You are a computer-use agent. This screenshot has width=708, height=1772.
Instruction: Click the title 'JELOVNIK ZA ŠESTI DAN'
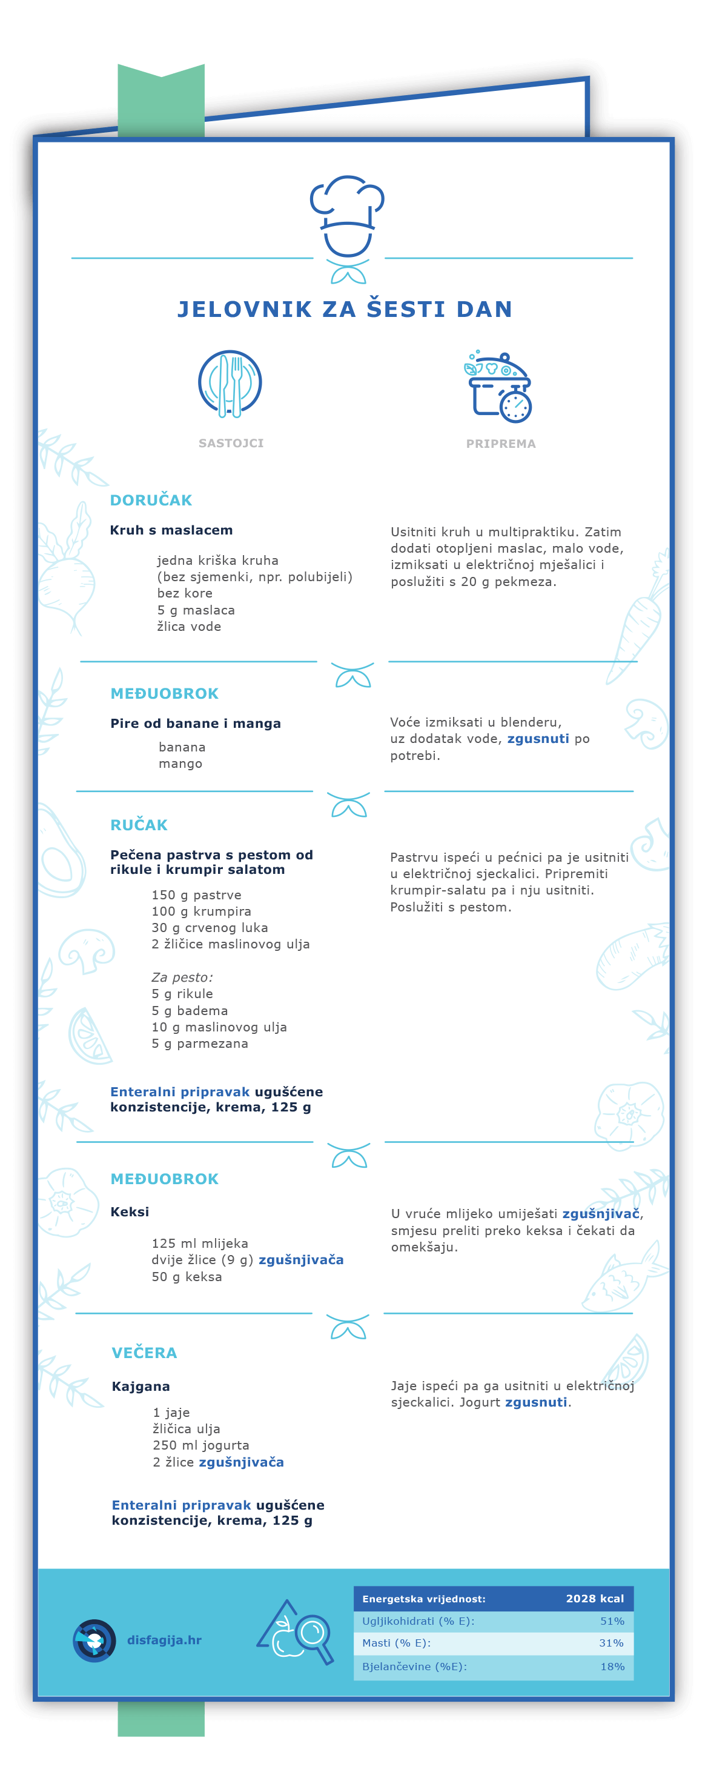point(345,310)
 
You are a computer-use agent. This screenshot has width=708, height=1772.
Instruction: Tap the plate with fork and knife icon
point(230,383)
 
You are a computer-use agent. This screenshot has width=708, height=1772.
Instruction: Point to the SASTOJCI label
point(231,443)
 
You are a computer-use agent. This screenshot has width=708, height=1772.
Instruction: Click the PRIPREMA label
point(500,444)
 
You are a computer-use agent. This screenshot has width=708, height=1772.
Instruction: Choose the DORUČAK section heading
point(151,500)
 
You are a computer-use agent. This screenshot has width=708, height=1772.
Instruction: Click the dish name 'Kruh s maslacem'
point(171,530)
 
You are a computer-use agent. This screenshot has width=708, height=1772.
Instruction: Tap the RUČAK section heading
point(139,825)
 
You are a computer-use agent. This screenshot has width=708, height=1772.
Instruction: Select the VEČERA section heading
point(144,1353)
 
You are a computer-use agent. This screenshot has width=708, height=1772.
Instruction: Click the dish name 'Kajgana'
point(141,1386)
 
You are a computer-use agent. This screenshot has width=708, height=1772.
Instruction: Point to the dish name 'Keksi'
point(130,1211)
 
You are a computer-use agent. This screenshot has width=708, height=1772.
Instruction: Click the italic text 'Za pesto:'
point(182,977)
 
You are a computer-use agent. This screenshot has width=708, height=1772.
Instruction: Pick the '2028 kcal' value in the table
point(595,1599)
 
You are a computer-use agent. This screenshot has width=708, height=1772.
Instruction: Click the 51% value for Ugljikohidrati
point(612,1621)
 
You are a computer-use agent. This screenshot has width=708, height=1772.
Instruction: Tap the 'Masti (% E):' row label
point(397,1643)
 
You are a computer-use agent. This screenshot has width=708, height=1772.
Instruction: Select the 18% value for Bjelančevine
point(612,1666)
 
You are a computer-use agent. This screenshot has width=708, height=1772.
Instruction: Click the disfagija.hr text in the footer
point(164,1640)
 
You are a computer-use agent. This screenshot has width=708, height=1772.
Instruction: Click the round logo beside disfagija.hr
point(94,1640)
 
